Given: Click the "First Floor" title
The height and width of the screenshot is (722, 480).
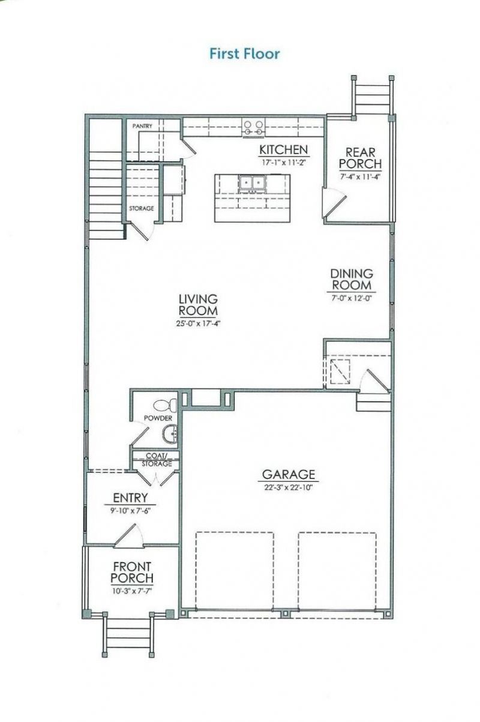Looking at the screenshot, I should point(244,54).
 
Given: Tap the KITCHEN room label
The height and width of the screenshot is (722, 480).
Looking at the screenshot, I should point(283,149).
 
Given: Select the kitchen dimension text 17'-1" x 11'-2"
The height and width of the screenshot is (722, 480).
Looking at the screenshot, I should point(283,162).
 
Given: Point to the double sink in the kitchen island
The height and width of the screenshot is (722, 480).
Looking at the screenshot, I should point(252,182).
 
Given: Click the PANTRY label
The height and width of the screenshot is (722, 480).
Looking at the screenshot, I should point(142,126).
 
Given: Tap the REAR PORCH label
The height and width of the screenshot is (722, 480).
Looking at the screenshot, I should point(360,158).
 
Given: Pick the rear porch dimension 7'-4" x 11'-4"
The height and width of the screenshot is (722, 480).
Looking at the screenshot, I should point(360,176).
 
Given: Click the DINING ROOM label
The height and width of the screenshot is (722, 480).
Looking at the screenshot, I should point(352,280).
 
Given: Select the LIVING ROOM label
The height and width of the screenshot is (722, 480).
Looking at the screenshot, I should point(198,305).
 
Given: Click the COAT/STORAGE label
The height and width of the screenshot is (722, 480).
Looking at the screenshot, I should point(156,460).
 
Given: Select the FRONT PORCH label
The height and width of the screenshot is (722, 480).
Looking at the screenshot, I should point(133,572).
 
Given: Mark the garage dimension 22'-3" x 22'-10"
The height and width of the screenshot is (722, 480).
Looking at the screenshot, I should point(289,487).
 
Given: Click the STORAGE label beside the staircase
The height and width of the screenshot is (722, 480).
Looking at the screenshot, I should point(142,208).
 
